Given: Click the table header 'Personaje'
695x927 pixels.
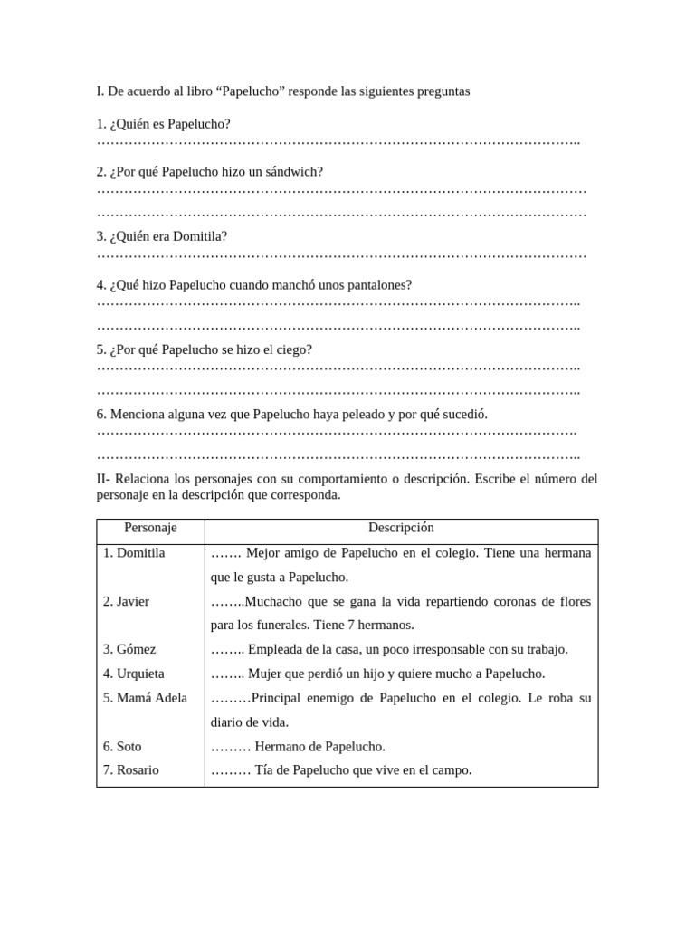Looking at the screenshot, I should (150, 528).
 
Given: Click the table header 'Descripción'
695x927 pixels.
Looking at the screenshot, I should (401, 528).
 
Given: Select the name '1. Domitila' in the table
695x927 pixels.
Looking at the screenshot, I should (134, 553).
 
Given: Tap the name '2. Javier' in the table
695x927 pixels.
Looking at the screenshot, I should (126, 601).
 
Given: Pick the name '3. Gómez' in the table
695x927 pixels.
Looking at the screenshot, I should (129, 649).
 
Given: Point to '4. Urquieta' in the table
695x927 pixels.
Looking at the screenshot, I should (133, 674).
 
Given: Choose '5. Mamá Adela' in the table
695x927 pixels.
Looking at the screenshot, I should (145, 698).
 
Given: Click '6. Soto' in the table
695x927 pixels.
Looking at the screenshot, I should (122, 747).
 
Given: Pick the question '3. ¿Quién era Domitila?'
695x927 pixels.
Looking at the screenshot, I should (162, 236).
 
